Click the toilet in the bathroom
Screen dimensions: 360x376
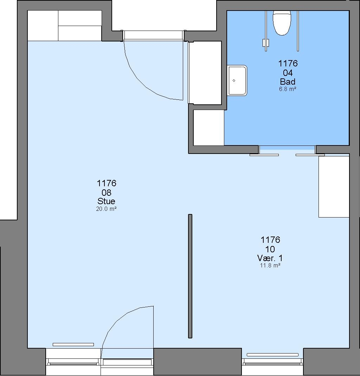tap(282, 23)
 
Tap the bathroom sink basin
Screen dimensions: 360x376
tap(237, 80)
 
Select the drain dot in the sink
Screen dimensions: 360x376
tap(234, 80)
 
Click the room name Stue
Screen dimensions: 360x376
tap(106, 201)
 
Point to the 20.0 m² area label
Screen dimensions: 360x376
tap(106, 209)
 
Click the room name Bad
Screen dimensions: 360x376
tap(288, 82)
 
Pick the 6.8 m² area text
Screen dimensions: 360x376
tap(288, 89)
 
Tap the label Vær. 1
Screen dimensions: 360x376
tap(270, 258)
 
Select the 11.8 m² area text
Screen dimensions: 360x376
tap(270, 265)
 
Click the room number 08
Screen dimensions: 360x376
tap(107, 192)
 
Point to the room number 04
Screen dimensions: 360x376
tap(288, 73)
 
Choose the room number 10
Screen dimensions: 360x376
tap(270, 249)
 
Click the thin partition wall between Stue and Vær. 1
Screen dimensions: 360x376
tap(190, 276)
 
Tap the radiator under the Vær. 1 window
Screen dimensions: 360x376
tap(273, 355)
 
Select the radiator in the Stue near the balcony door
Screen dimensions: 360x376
tap(73, 345)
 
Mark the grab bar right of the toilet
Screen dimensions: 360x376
tap(298, 31)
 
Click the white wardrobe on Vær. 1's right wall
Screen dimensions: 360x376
tap(334, 187)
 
